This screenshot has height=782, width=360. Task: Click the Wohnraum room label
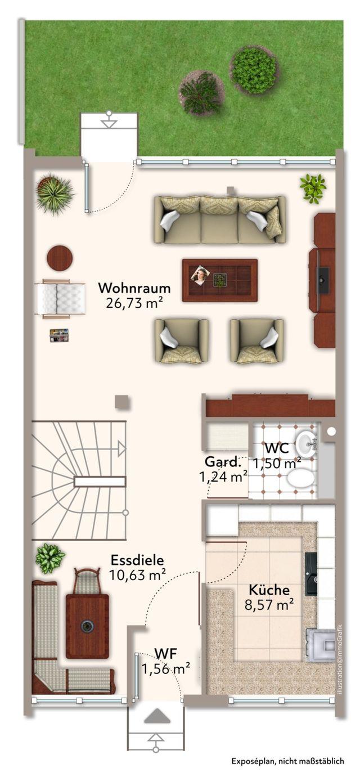click(134, 289)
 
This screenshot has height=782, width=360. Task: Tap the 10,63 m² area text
click(137, 575)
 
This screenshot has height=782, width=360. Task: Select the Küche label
click(269, 590)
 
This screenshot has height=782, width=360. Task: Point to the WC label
click(277, 448)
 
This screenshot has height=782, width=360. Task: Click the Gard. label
click(223, 462)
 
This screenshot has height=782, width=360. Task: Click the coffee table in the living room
click(220, 280)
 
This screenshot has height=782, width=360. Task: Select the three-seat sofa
click(220, 219)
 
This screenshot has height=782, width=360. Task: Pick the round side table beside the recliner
click(60, 258)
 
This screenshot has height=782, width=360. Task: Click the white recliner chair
click(60, 299)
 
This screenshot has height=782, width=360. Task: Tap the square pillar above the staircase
click(122, 402)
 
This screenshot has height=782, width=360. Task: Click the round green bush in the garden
click(254, 70)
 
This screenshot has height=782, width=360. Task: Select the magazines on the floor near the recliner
click(59, 335)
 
